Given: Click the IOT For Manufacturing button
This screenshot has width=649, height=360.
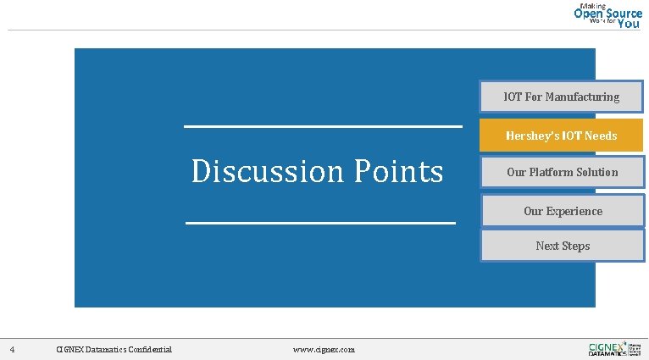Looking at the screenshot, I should point(561,97).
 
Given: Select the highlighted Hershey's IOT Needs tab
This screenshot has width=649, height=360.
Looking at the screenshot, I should point(561,136).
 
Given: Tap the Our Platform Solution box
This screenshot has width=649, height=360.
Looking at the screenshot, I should point(562,172).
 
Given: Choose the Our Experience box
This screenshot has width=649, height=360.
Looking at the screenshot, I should point(563,211).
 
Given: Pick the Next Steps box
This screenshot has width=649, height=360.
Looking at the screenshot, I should point(563,246).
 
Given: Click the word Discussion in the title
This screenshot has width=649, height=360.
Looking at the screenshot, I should point(267,171).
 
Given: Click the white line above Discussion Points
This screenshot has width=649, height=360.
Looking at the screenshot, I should point(323,127).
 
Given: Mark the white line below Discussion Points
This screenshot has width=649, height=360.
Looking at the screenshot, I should point(320,223).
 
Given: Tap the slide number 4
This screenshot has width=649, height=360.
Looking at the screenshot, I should point(12,349).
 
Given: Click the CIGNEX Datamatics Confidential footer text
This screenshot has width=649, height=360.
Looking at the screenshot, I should point(114,349).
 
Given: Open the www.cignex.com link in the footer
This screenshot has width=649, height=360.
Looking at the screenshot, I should point(324,349).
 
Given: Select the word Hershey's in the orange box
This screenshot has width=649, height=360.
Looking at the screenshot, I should point(527,136).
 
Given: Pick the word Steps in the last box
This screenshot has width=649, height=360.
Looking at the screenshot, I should point(575,246).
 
